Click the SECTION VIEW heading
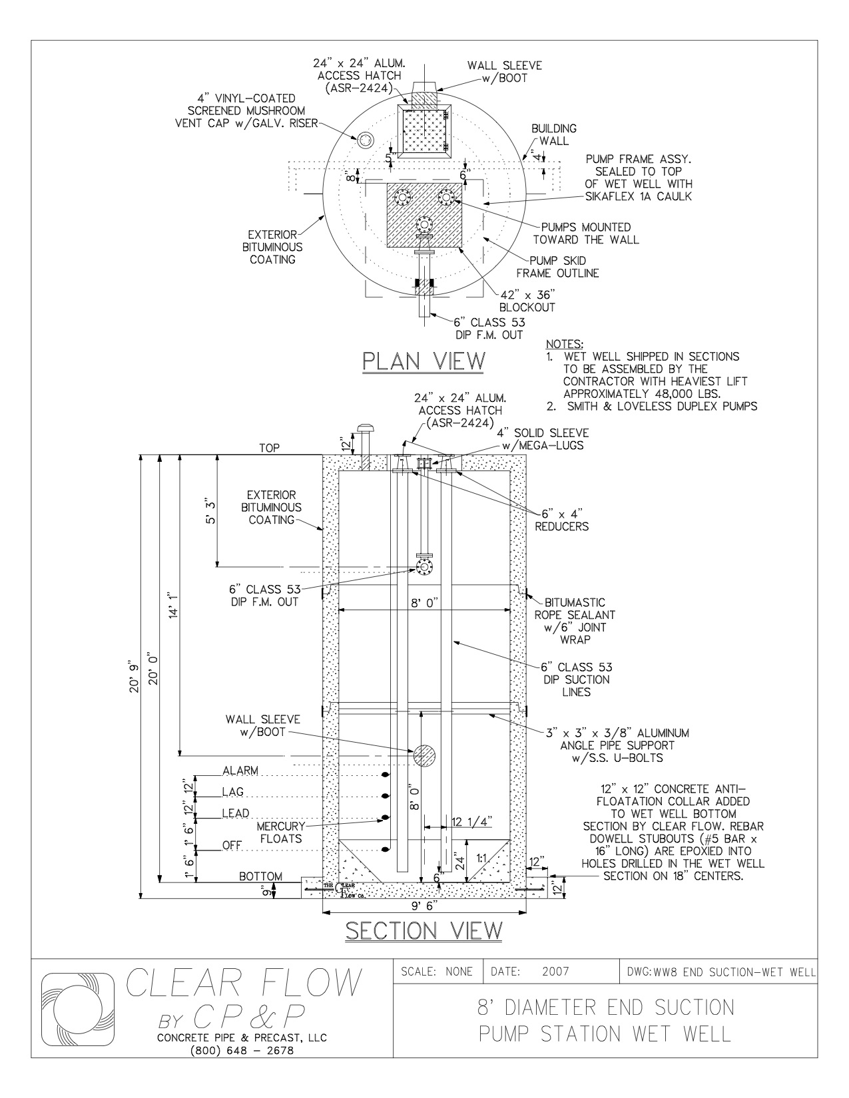(424, 930)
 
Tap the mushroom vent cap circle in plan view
(366, 140)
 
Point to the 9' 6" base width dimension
(424, 906)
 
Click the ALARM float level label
(240, 771)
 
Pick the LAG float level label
(233, 792)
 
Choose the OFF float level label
(232, 845)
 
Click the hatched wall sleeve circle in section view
(424, 755)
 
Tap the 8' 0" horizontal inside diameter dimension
(425, 603)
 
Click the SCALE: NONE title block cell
(437, 972)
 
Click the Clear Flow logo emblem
(77, 1011)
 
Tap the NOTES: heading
(565, 344)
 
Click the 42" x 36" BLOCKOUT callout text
(527, 301)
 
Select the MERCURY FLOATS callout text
(281, 832)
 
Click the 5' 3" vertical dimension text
(210, 510)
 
